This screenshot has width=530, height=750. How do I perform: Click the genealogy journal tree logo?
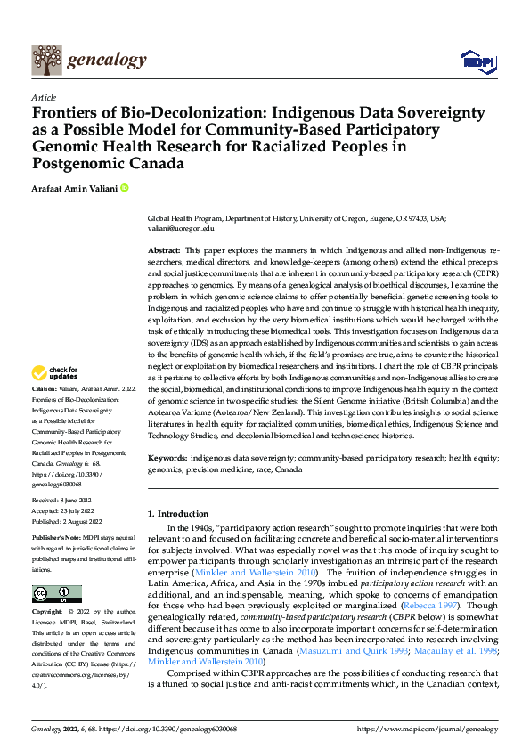pos(46,60)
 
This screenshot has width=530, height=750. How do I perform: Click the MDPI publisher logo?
pos(477,61)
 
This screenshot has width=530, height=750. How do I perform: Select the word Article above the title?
pos(44,97)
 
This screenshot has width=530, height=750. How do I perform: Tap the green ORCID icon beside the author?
pos(125,188)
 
